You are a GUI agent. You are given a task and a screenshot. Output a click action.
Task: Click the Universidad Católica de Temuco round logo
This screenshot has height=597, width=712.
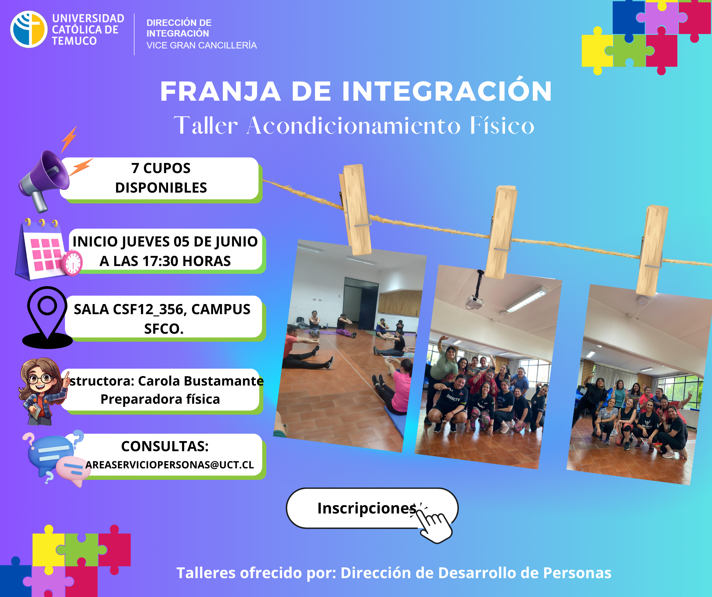pyautogui.click(x=29, y=29)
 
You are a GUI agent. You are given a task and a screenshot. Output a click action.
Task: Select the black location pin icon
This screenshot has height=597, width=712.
pyautogui.click(x=47, y=318)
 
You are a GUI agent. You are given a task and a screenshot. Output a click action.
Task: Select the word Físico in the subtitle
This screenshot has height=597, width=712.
pyautogui.click(x=502, y=125)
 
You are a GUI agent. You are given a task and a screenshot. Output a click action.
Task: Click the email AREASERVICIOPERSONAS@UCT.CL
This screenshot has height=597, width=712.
pyautogui.click(x=170, y=465)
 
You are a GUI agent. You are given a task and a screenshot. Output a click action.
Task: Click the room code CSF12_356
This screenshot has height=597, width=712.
pyautogui.click(x=149, y=309)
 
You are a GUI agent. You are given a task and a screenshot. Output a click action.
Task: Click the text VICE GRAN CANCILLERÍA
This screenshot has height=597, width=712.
pyautogui.click(x=201, y=45)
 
